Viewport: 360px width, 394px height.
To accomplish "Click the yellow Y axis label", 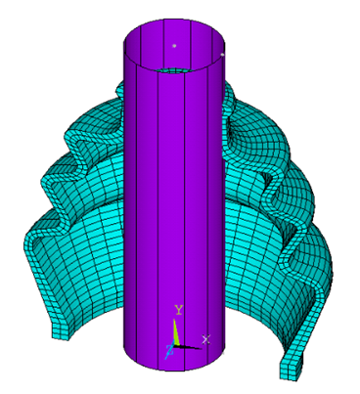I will tap(178, 309).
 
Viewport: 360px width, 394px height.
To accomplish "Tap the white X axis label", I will tap(205, 338).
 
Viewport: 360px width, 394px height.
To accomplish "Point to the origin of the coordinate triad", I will tap(177, 344).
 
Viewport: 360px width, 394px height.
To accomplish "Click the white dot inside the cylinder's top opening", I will tap(175, 45).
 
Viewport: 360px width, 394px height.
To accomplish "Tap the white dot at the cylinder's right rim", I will tap(224, 56).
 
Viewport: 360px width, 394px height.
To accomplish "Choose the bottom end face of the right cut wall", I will tap(291, 370).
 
